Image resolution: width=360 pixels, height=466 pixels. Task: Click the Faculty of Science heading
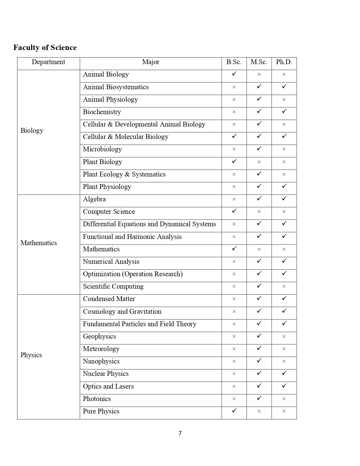pyautogui.click(x=45, y=47)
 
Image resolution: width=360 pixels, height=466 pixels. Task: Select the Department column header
pyautogui.click(x=48, y=62)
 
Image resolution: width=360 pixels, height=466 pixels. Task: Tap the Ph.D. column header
pyautogui.click(x=284, y=62)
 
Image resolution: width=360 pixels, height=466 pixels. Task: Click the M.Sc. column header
pyautogui.click(x=259, y=62)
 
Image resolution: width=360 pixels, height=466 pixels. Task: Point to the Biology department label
pyautogui.click(x=32, y=130)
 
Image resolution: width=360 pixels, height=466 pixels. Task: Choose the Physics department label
pyautogui.click(x=31, y=355)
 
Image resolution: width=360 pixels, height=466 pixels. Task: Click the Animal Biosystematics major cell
pyautogui.click(x=116, y=87)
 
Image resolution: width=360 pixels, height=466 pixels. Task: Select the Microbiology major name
pyautogui.click(x=102, y=149)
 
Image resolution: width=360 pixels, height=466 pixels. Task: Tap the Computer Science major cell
pyautogui.click(x=109, y=212)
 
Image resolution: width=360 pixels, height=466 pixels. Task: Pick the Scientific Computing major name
pyautogui.click(x=113, y=286)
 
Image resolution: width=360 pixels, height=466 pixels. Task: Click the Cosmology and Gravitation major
pyautogui.click(x=122, y=312)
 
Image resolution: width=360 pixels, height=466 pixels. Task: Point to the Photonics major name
pyautogui.click(x=97, y=399)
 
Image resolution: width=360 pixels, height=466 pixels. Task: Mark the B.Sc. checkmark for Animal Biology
pyautogui.click(x=234, y=74)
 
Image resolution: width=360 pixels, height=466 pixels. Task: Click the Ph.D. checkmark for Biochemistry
pyautogui.click(x=284, y=112)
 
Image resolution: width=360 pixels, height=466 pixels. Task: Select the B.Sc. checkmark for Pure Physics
pyautogui.click(x=234, y=411)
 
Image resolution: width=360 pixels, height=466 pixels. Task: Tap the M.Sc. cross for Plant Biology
pyautogui.click(x=259, y=162)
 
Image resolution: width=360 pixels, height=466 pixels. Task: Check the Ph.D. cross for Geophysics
pyautogui.click(x=284, y=336)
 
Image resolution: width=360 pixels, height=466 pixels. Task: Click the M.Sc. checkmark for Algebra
pyautogui.click(x=259, y=199)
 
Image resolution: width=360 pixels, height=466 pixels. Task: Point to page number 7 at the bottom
pyautogui.click(x=180, y=433)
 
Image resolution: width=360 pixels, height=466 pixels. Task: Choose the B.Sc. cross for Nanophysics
pyautogui.click(x=234, y=361)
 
